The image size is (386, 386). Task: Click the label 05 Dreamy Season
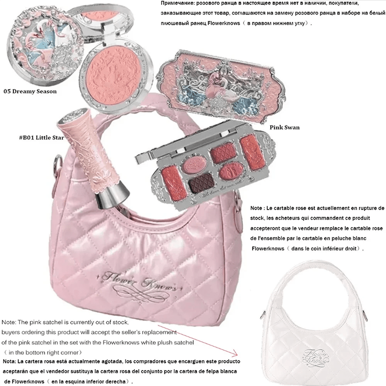coord(30,91)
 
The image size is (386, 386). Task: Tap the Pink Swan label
coord(284,127)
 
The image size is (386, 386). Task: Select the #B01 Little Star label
coord(42,137)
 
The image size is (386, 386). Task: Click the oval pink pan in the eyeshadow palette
coord(231,171)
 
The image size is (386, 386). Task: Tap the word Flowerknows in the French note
coord(268,248)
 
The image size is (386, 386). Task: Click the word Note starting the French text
coord(256,208)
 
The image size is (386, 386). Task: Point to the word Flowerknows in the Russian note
coord(224,23)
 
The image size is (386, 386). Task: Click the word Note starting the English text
coord(9,322)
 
